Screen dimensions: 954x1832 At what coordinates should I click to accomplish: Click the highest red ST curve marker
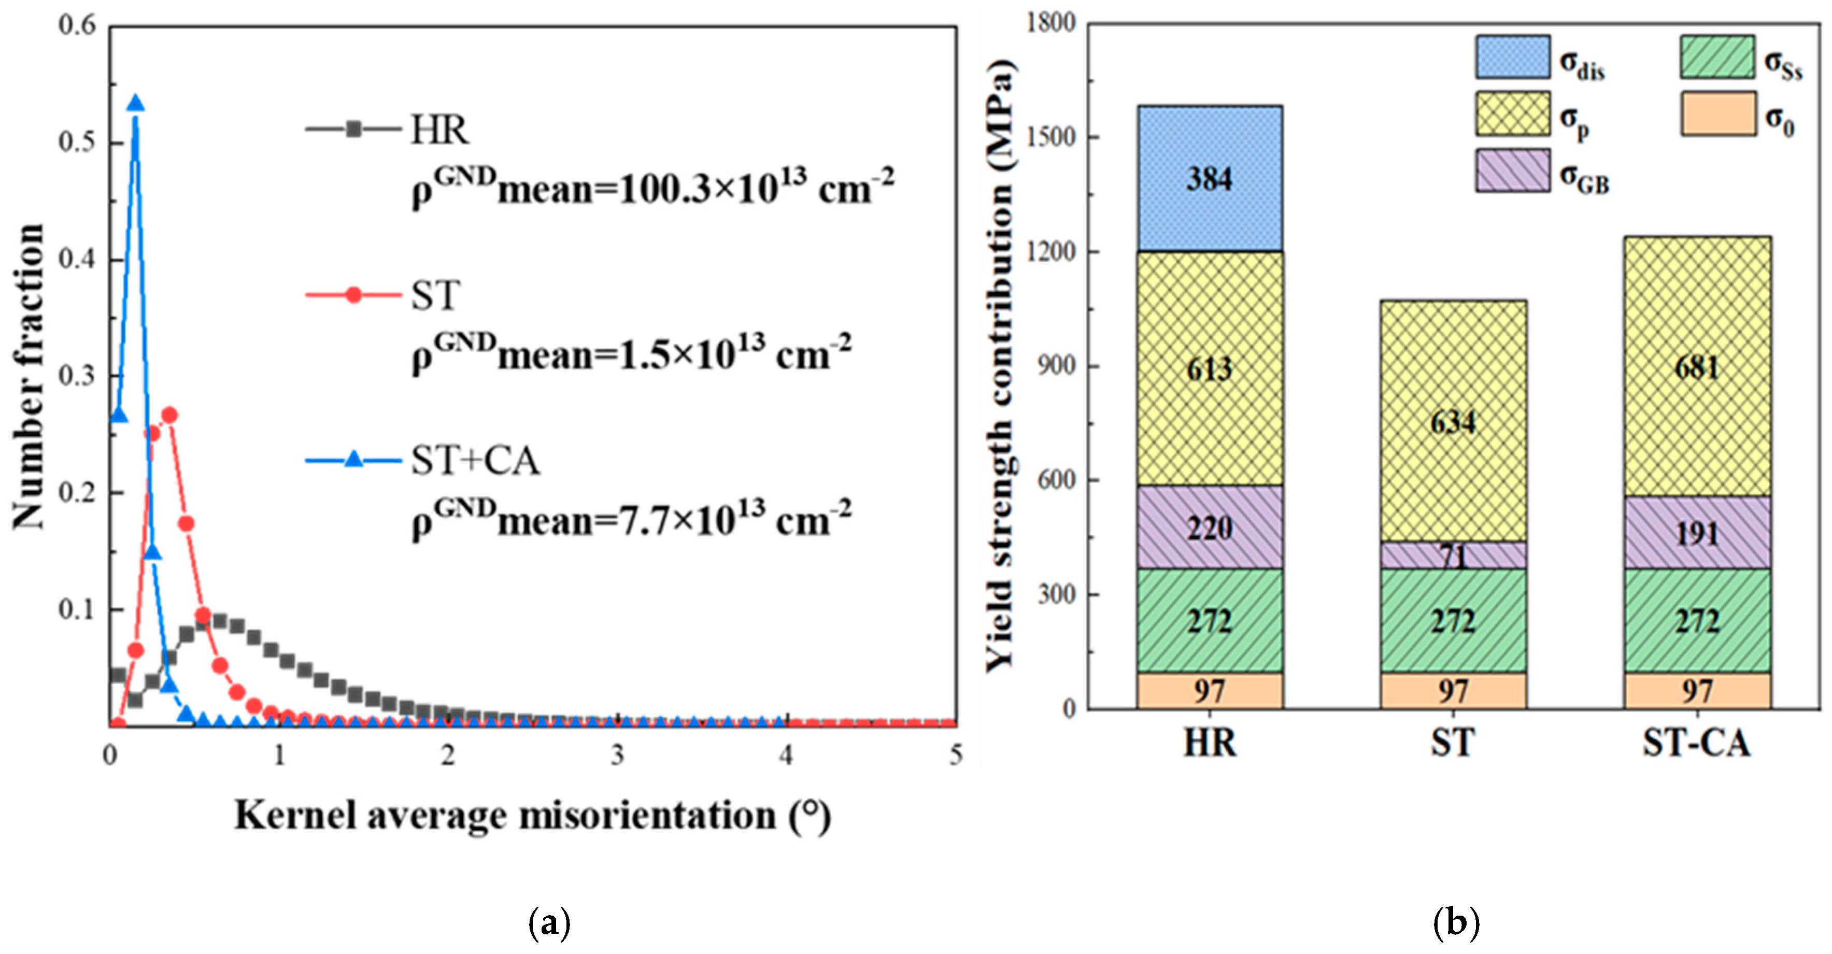(169, 415)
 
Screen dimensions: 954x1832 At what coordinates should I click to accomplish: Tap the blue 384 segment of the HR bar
(1209, 178)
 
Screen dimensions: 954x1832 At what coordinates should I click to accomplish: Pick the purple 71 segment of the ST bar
(1453, 554)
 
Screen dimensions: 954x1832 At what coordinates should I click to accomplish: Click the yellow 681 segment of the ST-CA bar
(1697, 367)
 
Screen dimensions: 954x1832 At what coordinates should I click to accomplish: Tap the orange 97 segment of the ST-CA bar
(1697, 690)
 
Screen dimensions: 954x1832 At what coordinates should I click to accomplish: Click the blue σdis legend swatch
(1513, 57)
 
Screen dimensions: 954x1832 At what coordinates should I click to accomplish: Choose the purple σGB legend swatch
(1513, 170)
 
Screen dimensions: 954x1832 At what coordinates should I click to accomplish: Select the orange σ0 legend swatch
(1717, 113)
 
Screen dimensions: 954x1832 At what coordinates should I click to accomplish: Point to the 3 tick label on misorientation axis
(617, 755)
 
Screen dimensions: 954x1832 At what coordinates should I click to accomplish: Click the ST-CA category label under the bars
(1697, 744)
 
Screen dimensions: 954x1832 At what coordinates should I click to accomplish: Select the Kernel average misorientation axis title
(532, 815)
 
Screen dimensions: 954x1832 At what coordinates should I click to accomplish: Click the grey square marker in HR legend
(354, 130)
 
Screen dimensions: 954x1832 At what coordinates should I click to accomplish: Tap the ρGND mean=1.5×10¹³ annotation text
(631, 352)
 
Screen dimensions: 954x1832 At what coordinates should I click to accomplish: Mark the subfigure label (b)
(1456, 923)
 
